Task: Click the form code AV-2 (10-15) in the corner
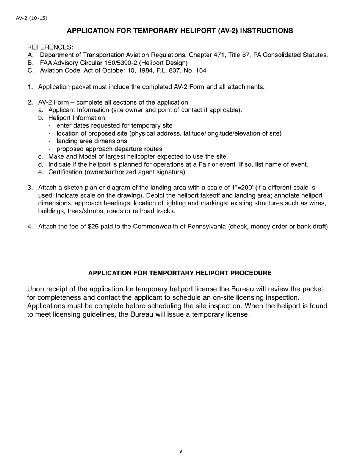click(x=31, y=18)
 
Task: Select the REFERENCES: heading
click(x=50, y=47)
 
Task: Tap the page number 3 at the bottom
click(x=180, y=451)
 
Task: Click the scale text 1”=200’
click(x=242, y=188)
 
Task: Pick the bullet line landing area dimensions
click(x=92, y=141)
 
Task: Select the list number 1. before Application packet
click(x=30, y=87)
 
